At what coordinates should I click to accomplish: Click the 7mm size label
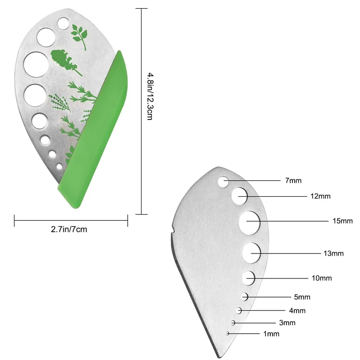[x=293, y=181]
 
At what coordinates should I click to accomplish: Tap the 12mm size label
[x=320, y=196]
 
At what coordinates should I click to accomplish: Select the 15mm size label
[x=342, y=221]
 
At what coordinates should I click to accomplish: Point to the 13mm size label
[x=334, y=253]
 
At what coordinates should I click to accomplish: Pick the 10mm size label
[x=322, y=278]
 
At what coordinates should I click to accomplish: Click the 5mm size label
[x=302, y=297]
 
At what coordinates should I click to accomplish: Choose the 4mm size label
[x=297, y=311]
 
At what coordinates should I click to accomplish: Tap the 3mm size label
[x=287, y=323]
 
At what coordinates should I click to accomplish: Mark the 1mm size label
[x=271, y=334]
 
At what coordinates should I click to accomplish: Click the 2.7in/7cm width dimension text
[x=69, y=229]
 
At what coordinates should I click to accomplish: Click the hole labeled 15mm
[x=250, y=221]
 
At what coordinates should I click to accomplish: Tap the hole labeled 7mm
[x=223, y=181]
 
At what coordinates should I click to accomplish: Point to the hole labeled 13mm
[x=251, y=252]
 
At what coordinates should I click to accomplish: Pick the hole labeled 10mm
[x=249, y=277]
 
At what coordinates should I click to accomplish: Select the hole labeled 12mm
[x=240, y=196]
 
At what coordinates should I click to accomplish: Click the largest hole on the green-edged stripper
[x=36, y=63]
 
